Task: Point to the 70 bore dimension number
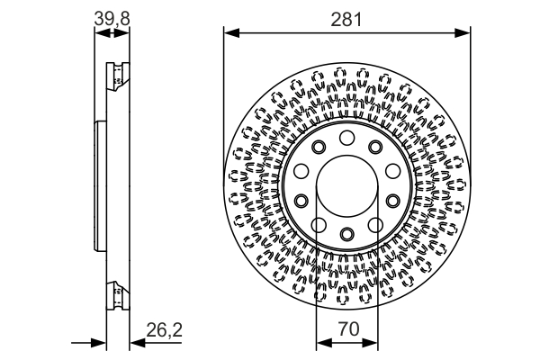(x=347, y=330)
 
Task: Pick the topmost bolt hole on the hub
(x=347, y=137)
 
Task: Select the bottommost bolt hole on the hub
(x=347, y=235)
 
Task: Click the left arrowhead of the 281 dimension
(x=229, y=34)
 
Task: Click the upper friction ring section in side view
(x=115, y=77)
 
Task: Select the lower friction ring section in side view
(x=115, y=293)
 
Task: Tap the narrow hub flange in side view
(x=98, y=185)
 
